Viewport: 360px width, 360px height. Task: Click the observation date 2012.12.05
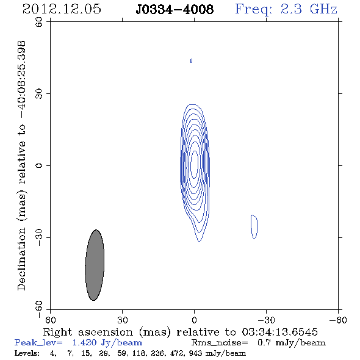pyautogui.click(x=62, y=9)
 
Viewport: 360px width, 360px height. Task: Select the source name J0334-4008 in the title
pyautogui.click(x=175, y=9)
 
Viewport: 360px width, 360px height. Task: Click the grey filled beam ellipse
pyautogui.click(x=95, y=265)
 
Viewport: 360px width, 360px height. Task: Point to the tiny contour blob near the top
pyautogui.click(x=191, y=60)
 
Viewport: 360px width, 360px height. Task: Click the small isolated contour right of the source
pyautogui.click(x=254, y=226)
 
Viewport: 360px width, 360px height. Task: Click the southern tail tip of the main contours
pyautogui.click(x=199, y=241)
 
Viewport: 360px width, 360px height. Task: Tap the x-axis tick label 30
pyautogui.click(x=123, y=320)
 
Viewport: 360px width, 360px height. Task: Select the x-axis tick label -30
pyautogui.click(x=266, y=320)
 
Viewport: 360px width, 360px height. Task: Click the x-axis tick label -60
pyautogui.click(x=338, y=320)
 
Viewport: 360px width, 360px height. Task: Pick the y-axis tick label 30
pyautogui.click(x=39, y=93)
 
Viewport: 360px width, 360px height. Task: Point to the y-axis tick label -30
pyautogui.click(x=39, y=237)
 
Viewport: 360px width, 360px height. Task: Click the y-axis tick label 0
pyautogui.click(x=39, y=165)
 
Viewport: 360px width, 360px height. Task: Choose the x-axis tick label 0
pyautogui.click(x=194, y=320)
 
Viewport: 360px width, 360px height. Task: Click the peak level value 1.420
pyautogui.click(x=84, y=342)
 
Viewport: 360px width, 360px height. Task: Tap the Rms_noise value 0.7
pyautogui.click(x=264, y=342)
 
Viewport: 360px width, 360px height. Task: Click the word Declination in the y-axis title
pyautogui.click(x=21, y=259)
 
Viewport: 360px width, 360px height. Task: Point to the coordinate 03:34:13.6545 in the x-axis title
pyautogui.click(x=280, y=332)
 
